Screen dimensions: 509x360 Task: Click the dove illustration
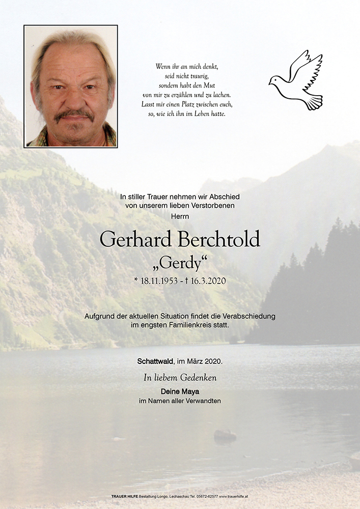click(297, 80)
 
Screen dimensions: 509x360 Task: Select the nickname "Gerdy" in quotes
click(180, 264)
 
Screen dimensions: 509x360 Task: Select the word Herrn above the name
click(180, 216)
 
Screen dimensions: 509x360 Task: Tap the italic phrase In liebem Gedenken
click(180, 377)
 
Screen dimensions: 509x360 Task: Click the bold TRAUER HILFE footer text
click(125, 496)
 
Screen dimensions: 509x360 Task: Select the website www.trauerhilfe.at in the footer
click(234, 496)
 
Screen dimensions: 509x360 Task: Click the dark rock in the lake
click(225, 436)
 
